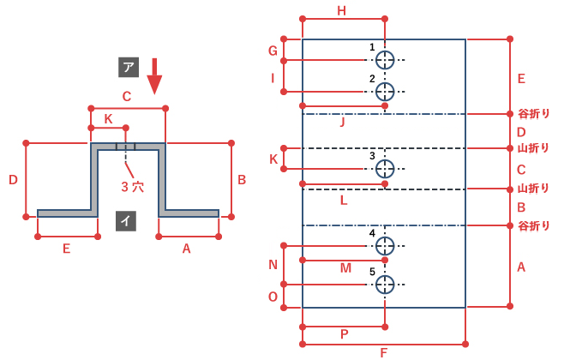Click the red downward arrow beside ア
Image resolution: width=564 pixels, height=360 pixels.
tap(154, 76)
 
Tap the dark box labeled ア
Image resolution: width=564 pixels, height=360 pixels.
tap(129, 67)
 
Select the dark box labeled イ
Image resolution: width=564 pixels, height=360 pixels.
tap(126, 220)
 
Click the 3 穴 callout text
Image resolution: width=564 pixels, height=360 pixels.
tap(132, 187)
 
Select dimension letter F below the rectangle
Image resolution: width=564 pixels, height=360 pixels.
tap(384, 353)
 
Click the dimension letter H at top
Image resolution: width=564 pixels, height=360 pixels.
tap(342, 11)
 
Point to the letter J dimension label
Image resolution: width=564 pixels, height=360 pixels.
tap(342, 122)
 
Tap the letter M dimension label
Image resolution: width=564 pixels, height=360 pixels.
tap(345, 268)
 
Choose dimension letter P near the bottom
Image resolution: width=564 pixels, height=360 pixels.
tap(345, 334)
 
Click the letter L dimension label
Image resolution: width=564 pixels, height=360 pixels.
tap(344, 201)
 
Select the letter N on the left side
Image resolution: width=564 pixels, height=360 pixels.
tap(273, 265)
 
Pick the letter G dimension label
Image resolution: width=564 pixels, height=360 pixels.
tap(273, 51)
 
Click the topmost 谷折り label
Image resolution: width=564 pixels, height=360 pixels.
tap(534, 114)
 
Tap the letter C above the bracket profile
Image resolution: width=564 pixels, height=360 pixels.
tap(127, 96)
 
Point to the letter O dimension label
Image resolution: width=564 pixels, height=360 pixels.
tap(273, 297)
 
